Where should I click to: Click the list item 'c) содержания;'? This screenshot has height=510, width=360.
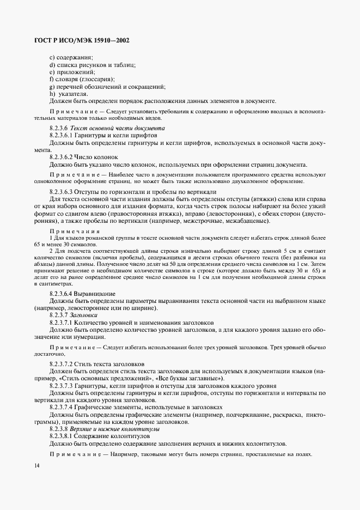71,58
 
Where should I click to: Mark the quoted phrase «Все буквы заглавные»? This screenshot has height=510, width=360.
189,378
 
